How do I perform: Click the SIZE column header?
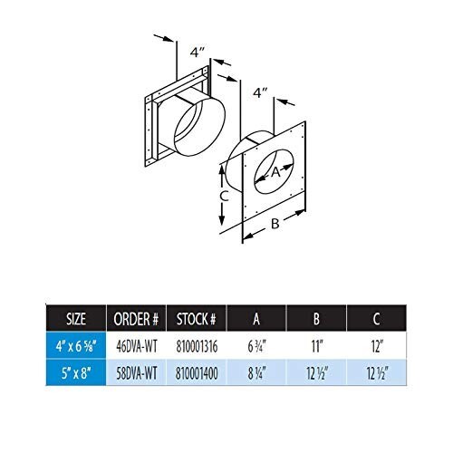tap(76, 319)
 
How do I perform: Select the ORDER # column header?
tap(136, 319)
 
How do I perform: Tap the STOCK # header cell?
tap(197, 319)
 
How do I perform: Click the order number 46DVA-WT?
tap(137, 346)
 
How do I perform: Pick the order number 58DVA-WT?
tap(137, 373)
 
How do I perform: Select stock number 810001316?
tap(197, 346)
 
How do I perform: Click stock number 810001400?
tap(197, 373)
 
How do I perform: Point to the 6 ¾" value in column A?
tap(256, 346)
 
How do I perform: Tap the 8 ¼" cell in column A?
tap(256, 373)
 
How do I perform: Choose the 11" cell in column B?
tap(317, 346)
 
